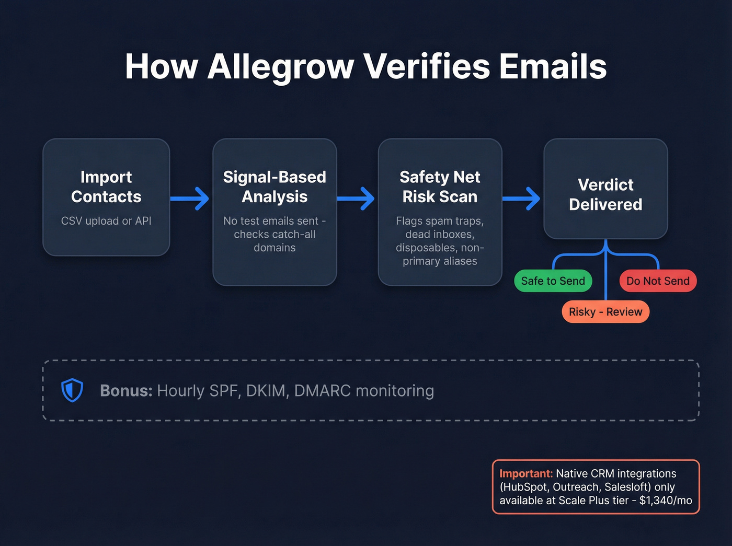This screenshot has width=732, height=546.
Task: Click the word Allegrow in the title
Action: (280, 67)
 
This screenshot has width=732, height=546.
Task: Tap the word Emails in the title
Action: (553, 67)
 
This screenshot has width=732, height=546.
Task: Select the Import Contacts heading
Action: (106, 187)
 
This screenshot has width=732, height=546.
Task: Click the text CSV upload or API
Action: (106, 221)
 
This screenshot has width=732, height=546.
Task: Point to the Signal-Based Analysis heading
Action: (274, 187)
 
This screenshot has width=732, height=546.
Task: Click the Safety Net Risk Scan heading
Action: (440, 187)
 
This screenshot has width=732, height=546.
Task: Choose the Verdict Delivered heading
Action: (605, 194)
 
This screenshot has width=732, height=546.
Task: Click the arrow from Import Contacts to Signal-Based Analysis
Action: (190, 199)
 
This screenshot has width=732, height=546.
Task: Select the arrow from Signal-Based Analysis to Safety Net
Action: (356, 199)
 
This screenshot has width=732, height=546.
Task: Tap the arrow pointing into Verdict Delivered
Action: (522, 199)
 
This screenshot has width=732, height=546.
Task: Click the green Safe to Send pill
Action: (553, 281)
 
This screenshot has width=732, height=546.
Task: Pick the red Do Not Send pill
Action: (658, 281)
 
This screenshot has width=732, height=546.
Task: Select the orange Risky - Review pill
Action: (605, 312)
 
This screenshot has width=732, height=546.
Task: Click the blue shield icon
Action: (72, 390)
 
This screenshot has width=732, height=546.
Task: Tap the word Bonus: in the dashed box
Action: (126, 391)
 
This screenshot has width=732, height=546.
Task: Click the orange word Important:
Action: (525, 473)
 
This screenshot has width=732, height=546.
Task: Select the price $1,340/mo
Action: (665, 501)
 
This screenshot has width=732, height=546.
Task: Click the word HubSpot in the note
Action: (525, 487)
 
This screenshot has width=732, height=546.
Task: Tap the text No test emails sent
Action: (271, 221)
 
